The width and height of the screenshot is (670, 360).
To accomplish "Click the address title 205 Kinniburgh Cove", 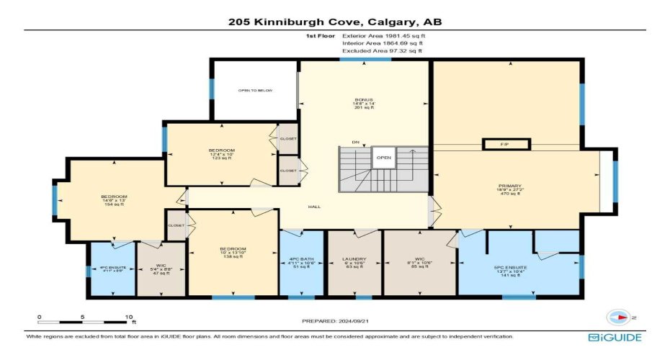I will pos(334,22).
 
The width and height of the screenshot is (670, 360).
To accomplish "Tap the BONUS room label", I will pos(363,99).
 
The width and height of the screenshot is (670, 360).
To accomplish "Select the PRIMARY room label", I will pos(509,186).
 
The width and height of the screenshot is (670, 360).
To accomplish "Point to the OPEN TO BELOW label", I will pos(255,91).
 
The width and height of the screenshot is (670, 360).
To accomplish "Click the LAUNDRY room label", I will pos(354,258).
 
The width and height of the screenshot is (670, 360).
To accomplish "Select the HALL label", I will pos(313,207).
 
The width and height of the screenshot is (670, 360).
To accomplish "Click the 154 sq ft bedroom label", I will pos(114,197).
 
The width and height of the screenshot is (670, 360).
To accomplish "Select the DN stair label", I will pos(355,143).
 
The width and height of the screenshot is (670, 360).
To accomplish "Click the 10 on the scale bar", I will pos(129,316).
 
